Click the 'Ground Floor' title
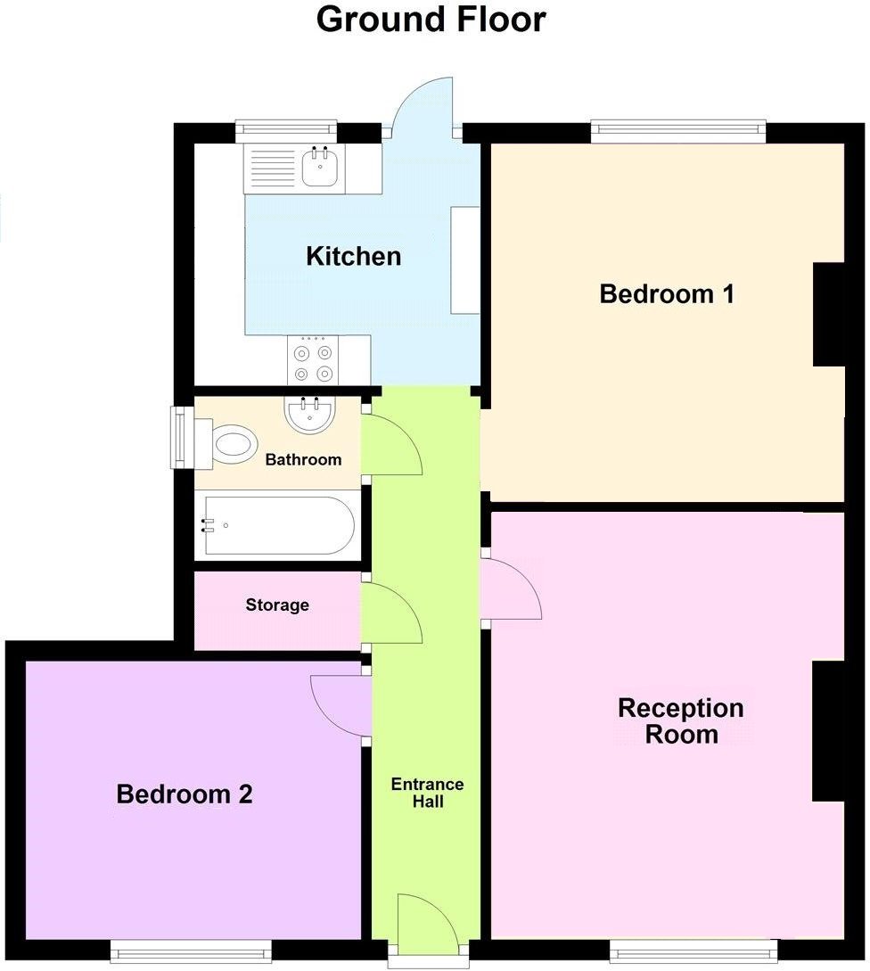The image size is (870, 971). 431,20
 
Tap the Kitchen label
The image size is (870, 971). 353,257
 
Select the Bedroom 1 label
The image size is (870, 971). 667,293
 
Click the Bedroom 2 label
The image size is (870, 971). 185,794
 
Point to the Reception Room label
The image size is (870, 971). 681,720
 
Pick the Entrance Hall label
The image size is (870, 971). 427,793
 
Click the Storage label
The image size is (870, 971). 277,605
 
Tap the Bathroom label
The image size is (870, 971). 303,460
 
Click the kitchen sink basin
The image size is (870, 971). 318,167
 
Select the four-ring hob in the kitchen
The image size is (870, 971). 313,359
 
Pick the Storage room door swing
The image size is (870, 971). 390,613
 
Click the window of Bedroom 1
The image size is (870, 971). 678,132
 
